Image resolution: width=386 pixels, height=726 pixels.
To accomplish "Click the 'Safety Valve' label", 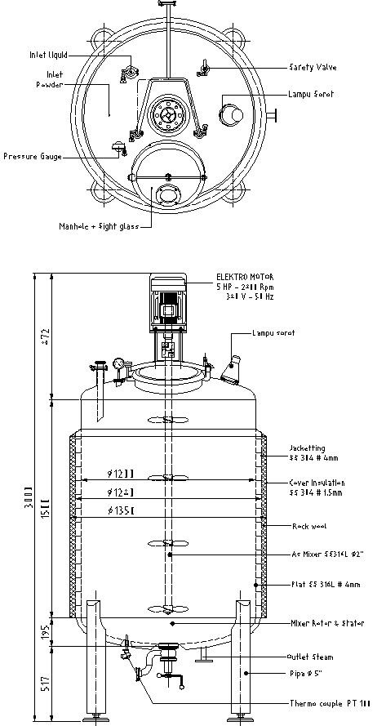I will click(x=312, y=67).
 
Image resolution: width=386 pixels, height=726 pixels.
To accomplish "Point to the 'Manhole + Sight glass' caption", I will click(x=98, y=226).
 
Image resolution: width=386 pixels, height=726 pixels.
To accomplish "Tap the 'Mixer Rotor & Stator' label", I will click(x=326, y=623).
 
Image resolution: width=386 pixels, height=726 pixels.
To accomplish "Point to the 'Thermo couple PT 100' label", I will click(x=329, y=703).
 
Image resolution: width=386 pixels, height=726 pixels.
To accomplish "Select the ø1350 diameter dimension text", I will click(x=122, y=511).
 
